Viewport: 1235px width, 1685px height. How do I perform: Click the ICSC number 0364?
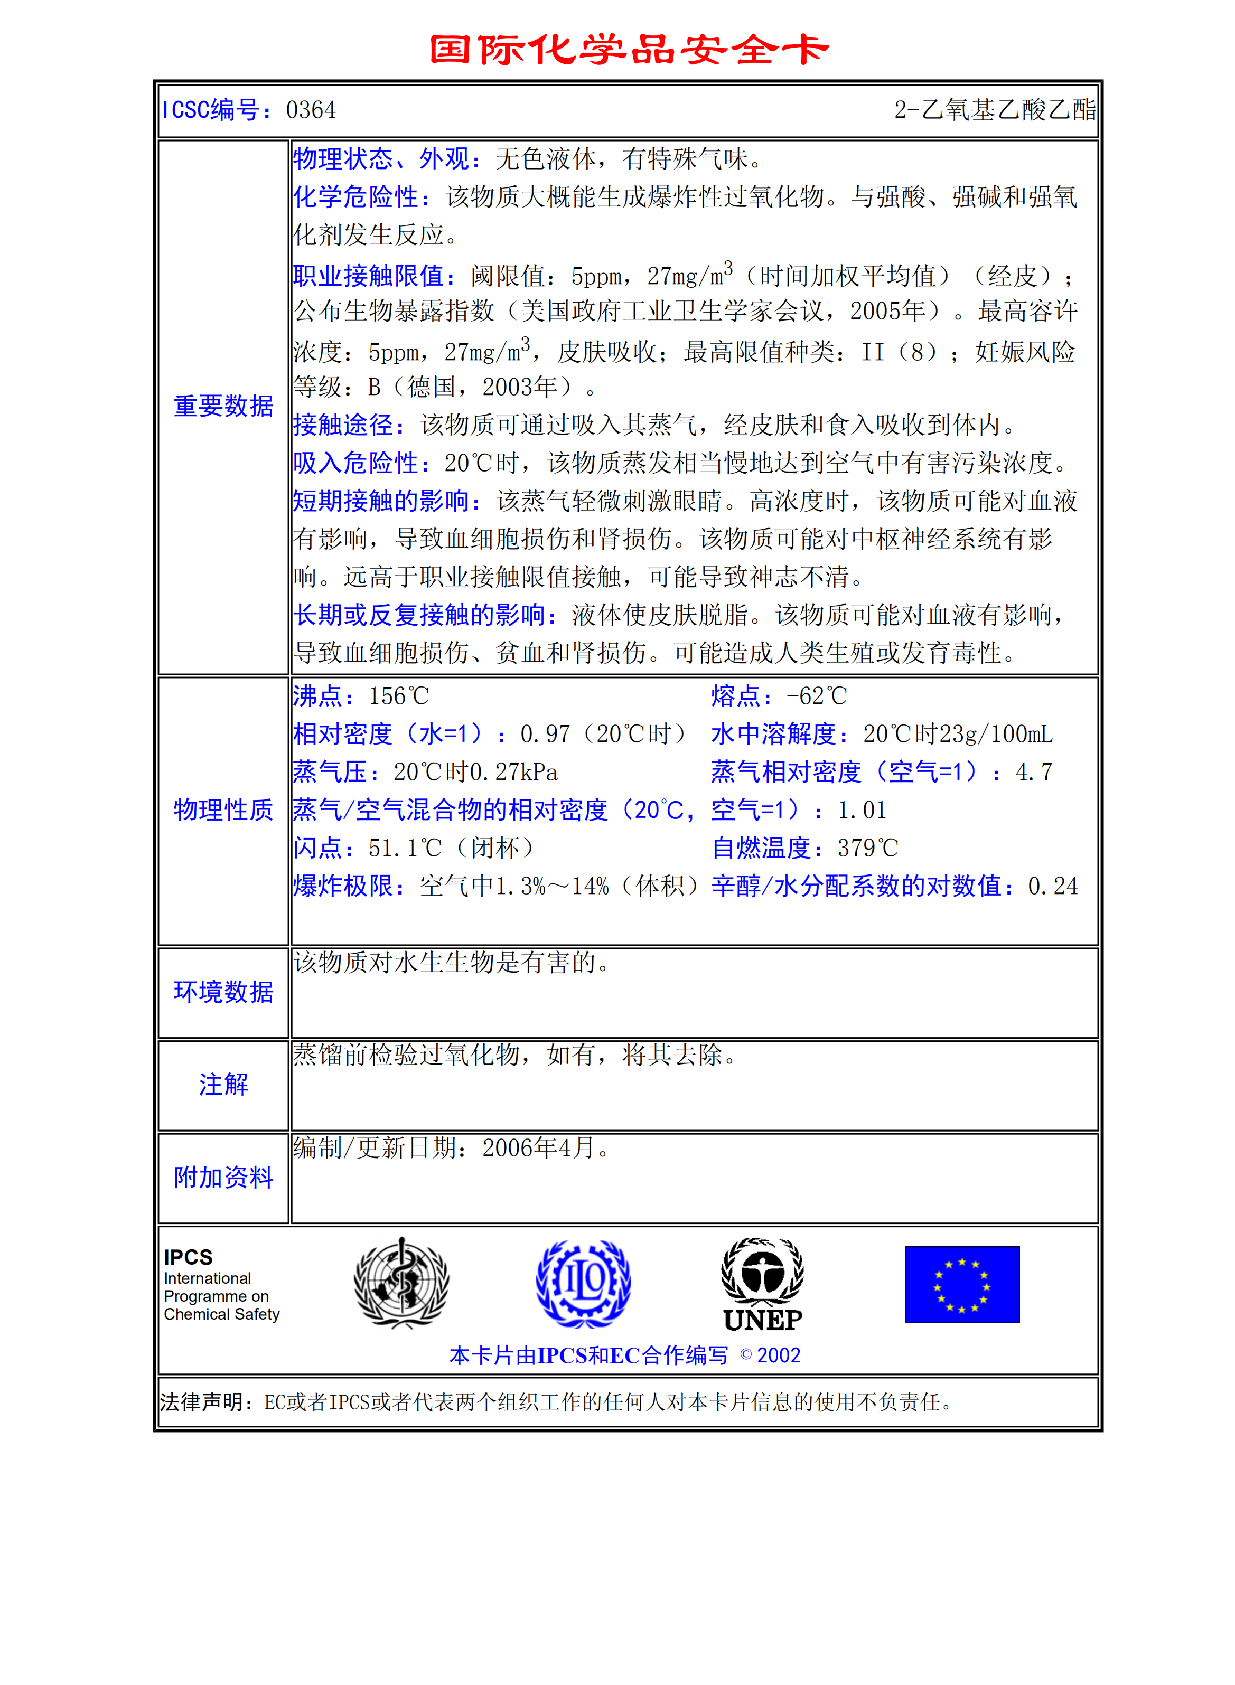(x=311, y=110)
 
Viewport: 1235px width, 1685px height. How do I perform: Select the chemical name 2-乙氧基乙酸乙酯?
(x=994, y=110)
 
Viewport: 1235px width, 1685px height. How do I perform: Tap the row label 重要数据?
(x=223, y=407)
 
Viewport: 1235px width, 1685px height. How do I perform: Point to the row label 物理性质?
(x=223, y=810)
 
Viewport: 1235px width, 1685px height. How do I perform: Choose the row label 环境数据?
(x=223, y=992)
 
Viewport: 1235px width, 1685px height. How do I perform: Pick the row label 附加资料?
(x=223, y=1178)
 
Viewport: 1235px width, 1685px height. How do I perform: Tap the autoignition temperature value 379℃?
(x=867, y=848)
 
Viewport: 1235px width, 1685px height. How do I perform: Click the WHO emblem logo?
(x=401, y=1283)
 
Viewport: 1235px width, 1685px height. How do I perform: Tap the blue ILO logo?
(x=583, y=1283)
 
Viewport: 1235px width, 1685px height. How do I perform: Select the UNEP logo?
(x=763, y=1285)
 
